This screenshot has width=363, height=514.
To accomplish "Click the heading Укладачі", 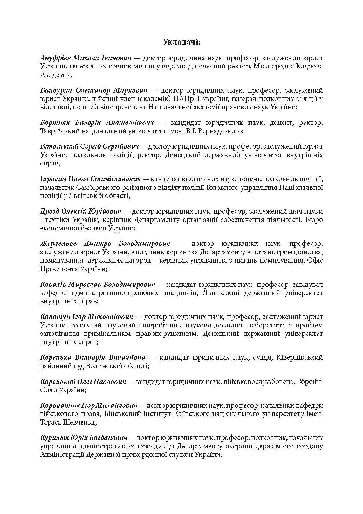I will pos(181,42).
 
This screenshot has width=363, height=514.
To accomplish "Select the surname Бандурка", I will pos(57,91).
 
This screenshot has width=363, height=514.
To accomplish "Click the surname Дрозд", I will pos(50,212).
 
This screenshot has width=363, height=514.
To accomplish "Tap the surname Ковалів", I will pos(53,285).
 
